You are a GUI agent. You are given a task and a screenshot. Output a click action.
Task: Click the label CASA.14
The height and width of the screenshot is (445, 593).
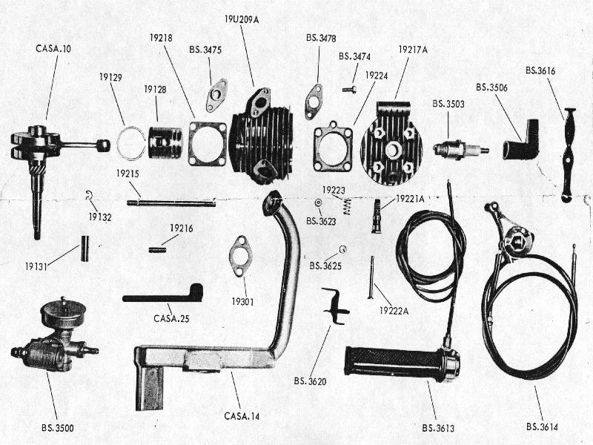(242, 416)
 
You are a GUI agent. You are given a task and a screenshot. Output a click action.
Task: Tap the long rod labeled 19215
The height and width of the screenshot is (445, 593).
(170, 201)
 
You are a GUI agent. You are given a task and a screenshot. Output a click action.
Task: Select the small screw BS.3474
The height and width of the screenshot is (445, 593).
(350, 90)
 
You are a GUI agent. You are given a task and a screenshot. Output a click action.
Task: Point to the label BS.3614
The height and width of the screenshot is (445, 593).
(543, 426)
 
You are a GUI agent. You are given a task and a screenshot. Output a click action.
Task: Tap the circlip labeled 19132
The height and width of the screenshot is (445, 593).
(89, 197)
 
